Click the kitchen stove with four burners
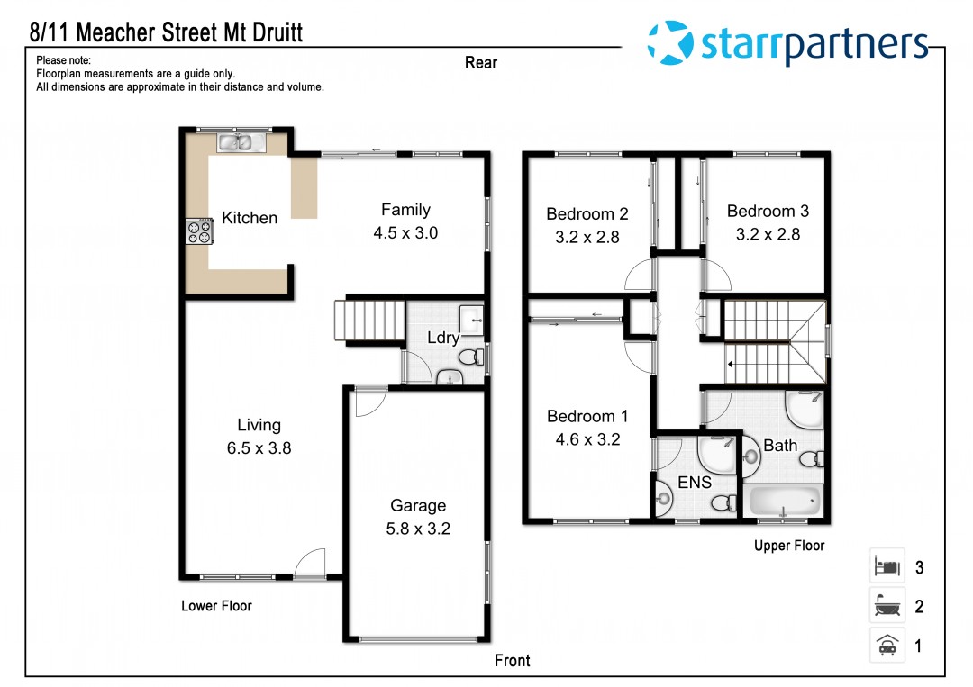[x=200, y=231]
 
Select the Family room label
[x=405, y=210]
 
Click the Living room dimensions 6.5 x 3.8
[x=259, y=447]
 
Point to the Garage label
[x=418, y=505]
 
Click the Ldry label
[x=443, y=338]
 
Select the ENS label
[x=695, y=482]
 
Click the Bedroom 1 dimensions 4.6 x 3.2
[x=587, y=439]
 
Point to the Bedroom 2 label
[x=587, y=214]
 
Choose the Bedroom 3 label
[x=768, y=212]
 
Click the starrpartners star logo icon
[x=670, y=42]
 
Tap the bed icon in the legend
[x=887, y=566]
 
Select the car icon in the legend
[x=887, y=646]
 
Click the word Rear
[x=481, y=63]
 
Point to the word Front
[x=512, y=660]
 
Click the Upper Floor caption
[x=789, y=546]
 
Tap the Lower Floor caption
[x=216, y=606]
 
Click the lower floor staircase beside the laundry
[x=370, y=320]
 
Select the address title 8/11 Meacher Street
[x=167, y=32]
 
